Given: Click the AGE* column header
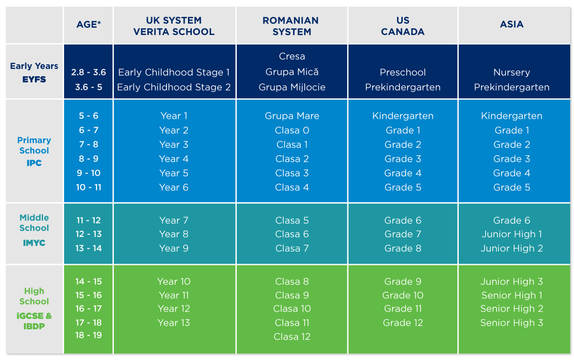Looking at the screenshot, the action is (x=88, y=24).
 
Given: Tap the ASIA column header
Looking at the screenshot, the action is (x=512, y=24).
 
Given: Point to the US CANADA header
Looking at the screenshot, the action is (x=403, y=26).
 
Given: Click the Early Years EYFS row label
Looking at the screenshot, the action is (x=34, y=73).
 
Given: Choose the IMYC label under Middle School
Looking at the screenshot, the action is (x=34, y=243).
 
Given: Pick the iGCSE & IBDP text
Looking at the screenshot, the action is (x=34, y=321).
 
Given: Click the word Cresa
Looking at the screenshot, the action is (x=292, y=56).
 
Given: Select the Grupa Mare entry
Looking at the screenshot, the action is (x=292, y=116).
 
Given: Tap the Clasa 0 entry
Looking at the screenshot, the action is (x=292, y=130).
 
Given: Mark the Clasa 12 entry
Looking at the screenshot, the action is (x=292, y=337).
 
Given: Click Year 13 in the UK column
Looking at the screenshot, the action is (x=174, y=323).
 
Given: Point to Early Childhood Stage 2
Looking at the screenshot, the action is (x=174, y=87).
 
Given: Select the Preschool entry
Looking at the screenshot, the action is (x=403, y=72).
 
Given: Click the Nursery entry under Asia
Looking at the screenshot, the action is (x=512, y=73).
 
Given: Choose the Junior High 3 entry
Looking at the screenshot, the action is (x=512, y=281).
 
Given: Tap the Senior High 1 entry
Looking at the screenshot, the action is (x=512, y=295).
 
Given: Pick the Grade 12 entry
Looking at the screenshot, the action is (x=403, y=323).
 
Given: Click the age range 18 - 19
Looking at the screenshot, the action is (x=88, y=335).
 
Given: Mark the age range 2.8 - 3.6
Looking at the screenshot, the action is (x=88, y=72).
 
